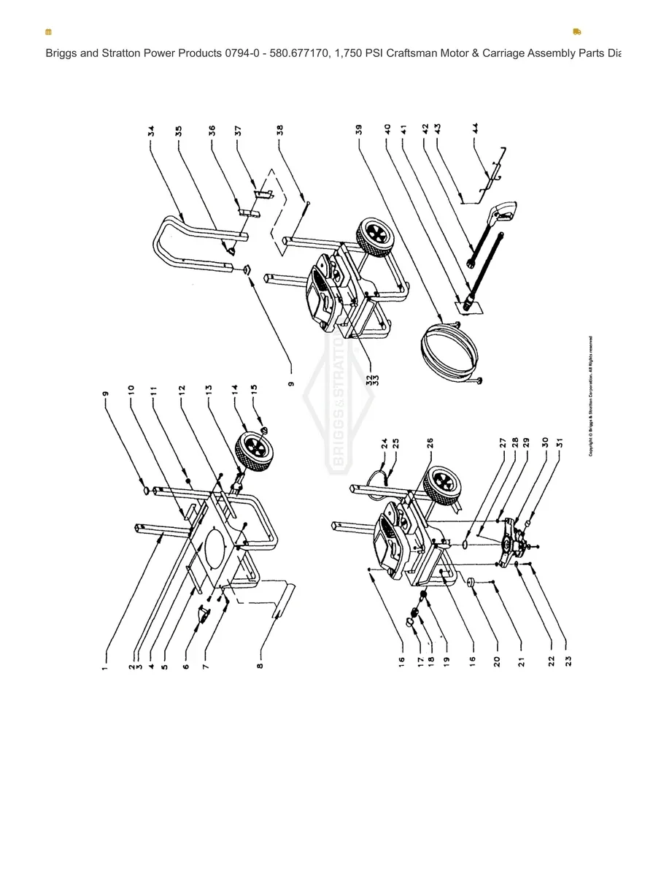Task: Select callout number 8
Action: click(x=260, y=664)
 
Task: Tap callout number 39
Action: click(x=359, y=131)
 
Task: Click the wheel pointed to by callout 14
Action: click(x=255, y=449)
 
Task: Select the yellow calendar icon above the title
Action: click(x=49, y=32)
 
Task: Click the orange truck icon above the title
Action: click(x=577, y=32)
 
